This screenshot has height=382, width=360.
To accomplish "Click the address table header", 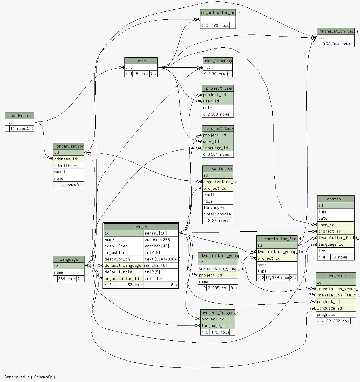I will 20,116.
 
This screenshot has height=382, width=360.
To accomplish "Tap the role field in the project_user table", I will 208,108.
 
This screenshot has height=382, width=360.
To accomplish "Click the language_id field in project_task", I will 215,148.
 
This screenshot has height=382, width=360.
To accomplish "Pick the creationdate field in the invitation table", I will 217,214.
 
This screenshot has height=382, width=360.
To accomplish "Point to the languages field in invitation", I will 214,208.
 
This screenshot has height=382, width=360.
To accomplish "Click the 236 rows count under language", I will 67,279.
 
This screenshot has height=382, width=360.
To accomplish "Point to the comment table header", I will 335,199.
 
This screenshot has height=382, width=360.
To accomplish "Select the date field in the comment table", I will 323,218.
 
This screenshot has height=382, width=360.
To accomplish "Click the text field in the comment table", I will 323,250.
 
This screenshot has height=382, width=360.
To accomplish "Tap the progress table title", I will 336,276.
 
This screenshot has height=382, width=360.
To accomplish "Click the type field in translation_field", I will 262,271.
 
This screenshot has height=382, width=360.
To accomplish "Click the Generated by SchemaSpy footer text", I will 29,377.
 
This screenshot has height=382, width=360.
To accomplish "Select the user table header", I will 141,61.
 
